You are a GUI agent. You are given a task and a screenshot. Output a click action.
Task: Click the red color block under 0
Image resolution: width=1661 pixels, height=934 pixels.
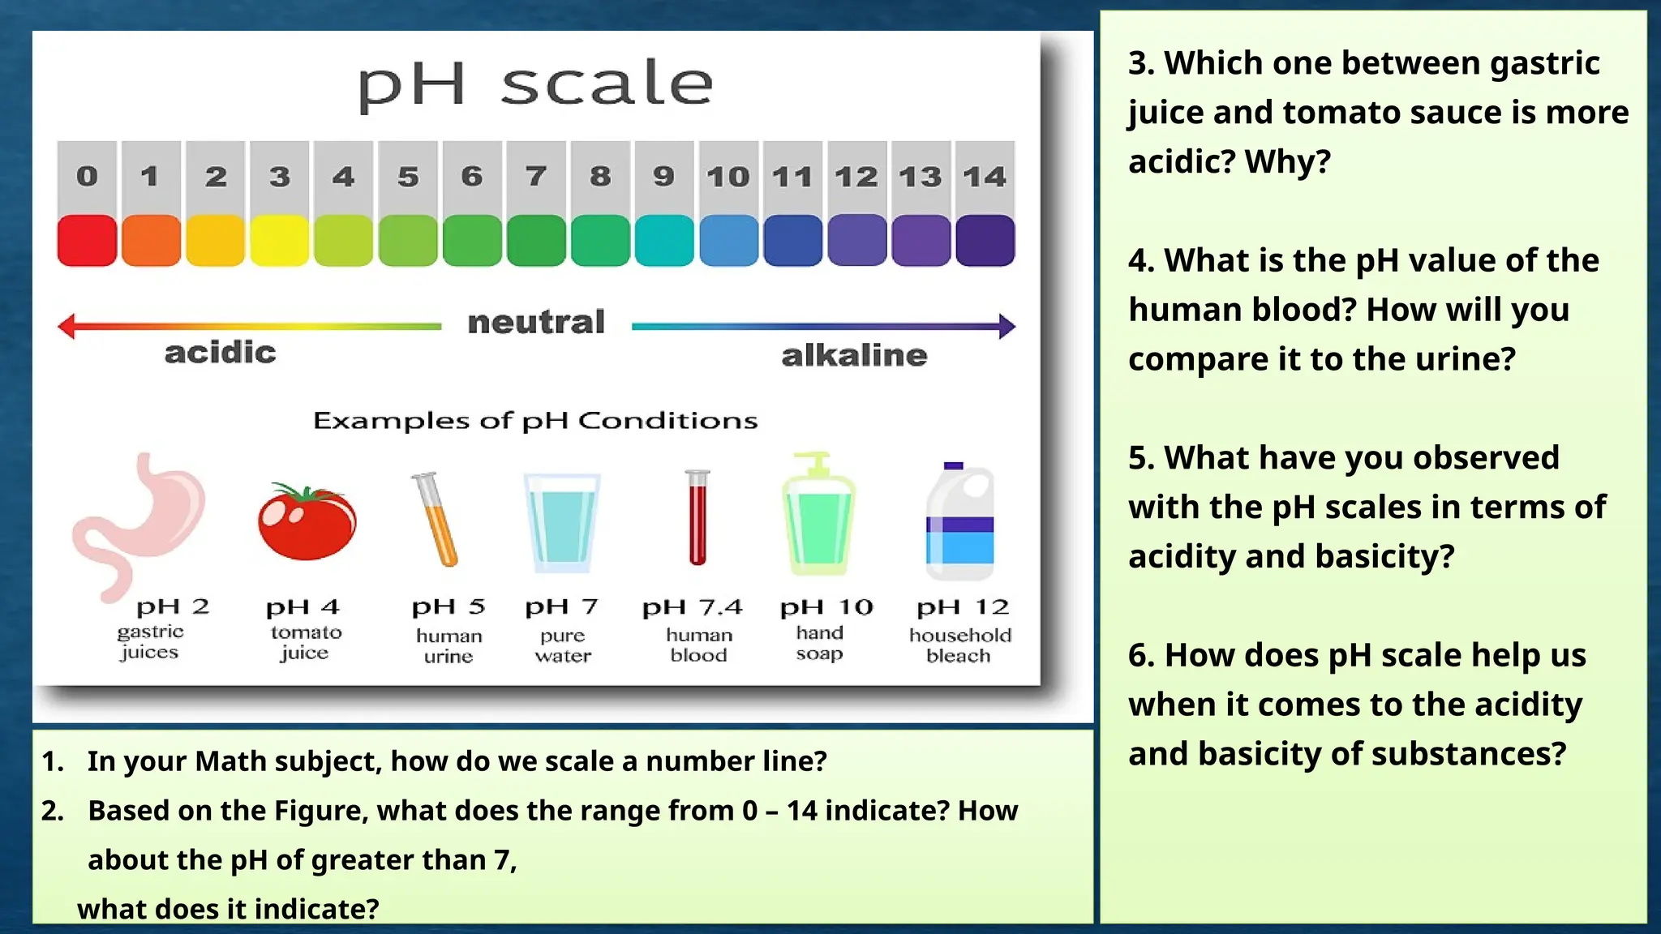tap(87, 241)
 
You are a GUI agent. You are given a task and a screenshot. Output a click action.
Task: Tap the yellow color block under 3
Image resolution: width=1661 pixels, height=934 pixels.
tap(279, 241)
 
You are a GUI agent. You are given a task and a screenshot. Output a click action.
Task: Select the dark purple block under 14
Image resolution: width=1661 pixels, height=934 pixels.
tap(985, 241)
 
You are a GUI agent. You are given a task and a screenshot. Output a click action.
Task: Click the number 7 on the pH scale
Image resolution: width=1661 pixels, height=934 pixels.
tap(536, 176)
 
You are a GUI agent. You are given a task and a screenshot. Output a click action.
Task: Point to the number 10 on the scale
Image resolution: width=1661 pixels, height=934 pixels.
tap(727, 177)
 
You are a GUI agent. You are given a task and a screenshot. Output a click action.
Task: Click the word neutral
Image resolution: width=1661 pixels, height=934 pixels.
tap(536, 322)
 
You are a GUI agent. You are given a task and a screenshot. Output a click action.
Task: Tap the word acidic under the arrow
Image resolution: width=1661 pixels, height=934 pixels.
tap(220, 353)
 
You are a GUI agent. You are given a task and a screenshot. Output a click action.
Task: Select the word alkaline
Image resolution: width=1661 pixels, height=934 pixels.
tap(854, 355)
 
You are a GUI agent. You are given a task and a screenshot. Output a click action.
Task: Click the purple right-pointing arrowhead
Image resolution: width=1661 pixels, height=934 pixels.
tap(1006, 326)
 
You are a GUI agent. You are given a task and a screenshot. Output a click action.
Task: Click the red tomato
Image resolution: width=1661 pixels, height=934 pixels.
tap(307, 522)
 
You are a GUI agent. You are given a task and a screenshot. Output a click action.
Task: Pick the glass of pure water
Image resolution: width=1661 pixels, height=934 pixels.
tap(562, 523)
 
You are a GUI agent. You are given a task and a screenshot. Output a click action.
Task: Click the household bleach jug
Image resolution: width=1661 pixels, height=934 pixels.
tap(959, 523)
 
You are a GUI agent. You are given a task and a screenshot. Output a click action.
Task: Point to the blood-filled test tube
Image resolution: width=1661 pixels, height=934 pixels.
tap(697, 519)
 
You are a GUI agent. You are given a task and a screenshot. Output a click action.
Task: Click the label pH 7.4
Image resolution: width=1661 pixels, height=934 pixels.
tap(692, 607)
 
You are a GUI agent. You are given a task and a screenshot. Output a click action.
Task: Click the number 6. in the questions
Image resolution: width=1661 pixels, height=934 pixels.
tap(1142, 655)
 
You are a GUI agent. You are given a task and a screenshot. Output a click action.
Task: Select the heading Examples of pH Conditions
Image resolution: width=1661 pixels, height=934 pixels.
tap(535, 421)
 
